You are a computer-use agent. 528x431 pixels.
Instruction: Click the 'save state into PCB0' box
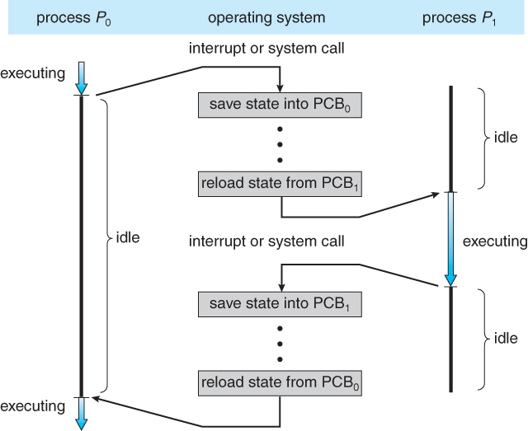(280, 105)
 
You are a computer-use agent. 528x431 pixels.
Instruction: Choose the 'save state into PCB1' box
(280, 303)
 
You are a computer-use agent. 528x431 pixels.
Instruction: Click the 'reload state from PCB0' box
(280, 382)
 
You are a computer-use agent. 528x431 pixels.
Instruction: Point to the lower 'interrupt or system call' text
(266, 241)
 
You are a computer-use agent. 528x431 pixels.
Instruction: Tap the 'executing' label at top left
(32, 73)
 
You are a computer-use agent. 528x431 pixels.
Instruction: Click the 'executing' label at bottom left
(32, 405)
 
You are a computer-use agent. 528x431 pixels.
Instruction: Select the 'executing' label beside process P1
(494, 241)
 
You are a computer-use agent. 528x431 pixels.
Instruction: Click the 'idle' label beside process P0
(129, 239)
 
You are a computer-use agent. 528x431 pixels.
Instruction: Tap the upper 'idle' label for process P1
(505, 138)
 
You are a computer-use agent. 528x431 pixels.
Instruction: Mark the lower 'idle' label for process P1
(505, 338)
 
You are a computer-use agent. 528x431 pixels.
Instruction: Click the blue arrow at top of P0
(80, 76)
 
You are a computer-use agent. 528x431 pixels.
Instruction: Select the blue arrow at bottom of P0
(80, 413)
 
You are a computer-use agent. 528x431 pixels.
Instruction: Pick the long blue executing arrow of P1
(450, 239)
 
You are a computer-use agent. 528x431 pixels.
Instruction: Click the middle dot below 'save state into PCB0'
(280, 144)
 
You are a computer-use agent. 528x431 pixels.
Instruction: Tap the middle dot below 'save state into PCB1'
(280, 343)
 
